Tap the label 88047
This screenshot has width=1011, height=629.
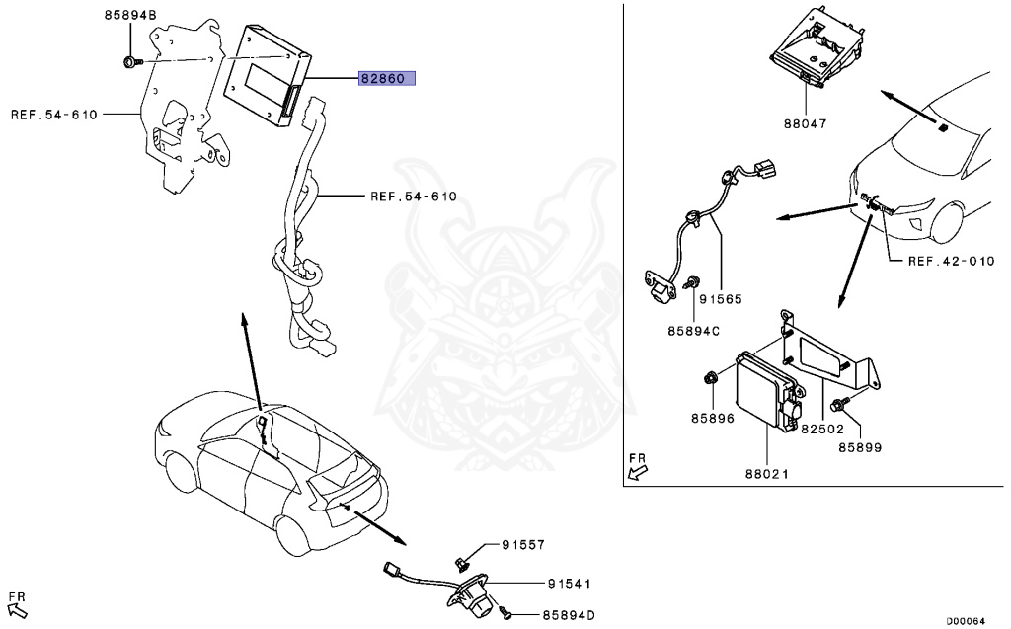(x=805, y=124)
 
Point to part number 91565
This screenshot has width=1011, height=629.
(x=721, y=298)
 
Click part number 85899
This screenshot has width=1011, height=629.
(x=860, y=447)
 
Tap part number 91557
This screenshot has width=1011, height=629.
(x=522, y=545)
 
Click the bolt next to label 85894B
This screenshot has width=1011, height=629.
(x=131, y=63)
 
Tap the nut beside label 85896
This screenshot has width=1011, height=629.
(x=711, y=377)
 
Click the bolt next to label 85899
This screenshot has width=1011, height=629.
(x=838, y=404)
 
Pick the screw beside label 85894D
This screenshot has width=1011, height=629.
(x=505, y=614)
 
